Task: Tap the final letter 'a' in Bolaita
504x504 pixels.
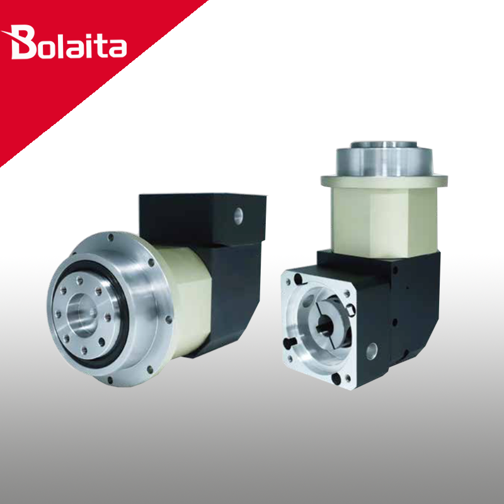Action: tap(117, 49)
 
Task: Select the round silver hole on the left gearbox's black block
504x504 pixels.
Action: tap(239, 216)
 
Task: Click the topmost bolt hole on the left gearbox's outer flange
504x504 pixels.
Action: tap(111, 238)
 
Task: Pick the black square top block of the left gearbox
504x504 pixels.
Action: tap(202, 219)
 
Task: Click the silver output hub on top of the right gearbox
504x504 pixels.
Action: tap(384, 159)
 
